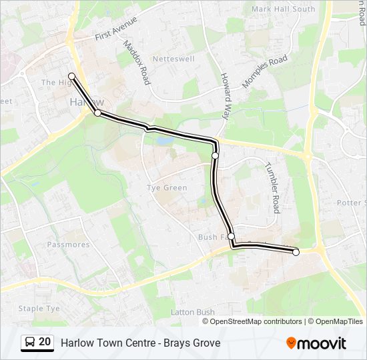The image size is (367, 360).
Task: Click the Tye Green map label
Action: (167, 188)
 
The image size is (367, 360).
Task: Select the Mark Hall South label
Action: (284, 9)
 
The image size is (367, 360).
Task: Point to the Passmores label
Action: (68, 245)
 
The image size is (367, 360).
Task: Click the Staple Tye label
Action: (39, 309)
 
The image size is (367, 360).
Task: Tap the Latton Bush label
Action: (193, 312)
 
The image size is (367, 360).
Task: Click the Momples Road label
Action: (265, 71)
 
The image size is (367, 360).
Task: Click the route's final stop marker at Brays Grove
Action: (296, 252)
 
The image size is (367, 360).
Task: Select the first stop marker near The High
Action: (71, 76)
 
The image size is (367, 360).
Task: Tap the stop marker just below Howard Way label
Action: (216, 155)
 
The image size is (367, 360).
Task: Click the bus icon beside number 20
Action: (30, 343)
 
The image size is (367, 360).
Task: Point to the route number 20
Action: (45, 342)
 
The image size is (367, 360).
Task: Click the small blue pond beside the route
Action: (163, 140)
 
